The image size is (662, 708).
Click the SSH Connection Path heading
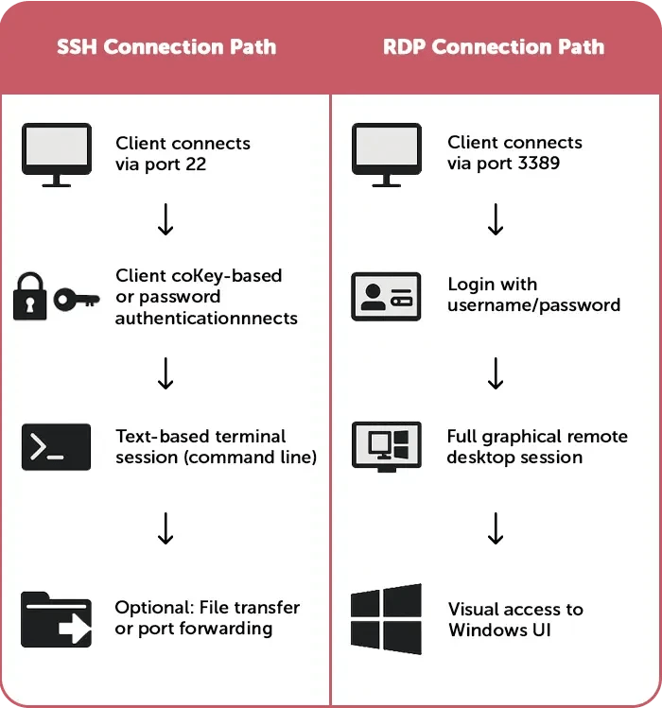point(165,47)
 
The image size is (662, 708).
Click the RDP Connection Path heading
point(495,47)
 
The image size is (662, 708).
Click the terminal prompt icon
point(56,447)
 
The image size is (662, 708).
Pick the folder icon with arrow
point(56,619)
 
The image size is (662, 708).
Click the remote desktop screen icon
point(387,447)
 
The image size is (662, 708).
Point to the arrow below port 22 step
point(165,220)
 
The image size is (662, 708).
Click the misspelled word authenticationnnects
point(206,319)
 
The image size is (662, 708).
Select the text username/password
point(533,305)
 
